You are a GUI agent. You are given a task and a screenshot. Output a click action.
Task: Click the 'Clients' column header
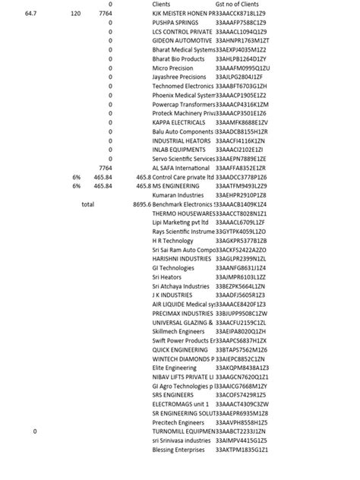tap(163, 5)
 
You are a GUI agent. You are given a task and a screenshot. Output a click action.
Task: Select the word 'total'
tap(87, 204)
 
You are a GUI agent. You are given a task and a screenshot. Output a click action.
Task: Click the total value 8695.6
tap(141, 204)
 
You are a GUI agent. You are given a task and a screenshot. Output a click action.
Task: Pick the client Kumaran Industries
tap(178, 195)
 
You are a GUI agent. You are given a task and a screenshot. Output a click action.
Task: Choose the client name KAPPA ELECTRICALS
tap(178, 122)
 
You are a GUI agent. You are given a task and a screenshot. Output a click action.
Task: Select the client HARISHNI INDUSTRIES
tap(182, 258)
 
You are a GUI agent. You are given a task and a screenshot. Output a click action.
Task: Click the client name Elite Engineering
tap(174, 368)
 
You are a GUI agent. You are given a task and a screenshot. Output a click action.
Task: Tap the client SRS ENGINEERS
tap(172, 395)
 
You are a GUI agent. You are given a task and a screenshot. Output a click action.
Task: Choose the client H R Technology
tap(172, 240)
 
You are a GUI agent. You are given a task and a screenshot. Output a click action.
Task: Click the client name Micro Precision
tap(173, 68)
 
